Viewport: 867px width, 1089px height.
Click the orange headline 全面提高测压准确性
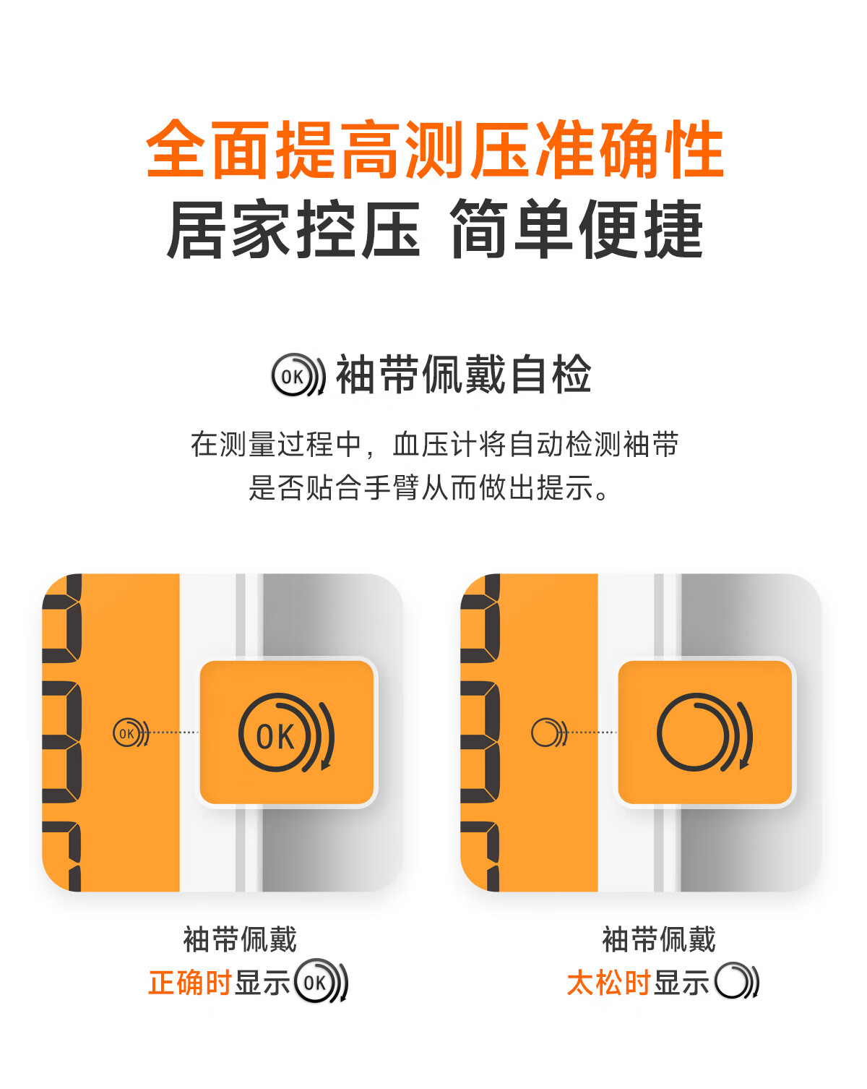435,149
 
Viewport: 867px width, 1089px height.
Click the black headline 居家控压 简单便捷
435,229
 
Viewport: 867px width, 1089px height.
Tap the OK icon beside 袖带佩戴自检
298,375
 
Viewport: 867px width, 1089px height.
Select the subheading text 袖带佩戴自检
463,375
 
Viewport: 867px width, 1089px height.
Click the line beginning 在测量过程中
435,444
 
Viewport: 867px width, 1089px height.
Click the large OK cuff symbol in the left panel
286,733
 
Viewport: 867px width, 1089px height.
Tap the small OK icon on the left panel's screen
131,733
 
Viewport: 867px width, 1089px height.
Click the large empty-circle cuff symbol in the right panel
704,733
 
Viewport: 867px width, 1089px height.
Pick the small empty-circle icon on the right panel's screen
550,733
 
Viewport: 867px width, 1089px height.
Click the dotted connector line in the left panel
174,733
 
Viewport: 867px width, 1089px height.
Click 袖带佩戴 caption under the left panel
240,939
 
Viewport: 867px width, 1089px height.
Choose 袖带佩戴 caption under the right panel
659,939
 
